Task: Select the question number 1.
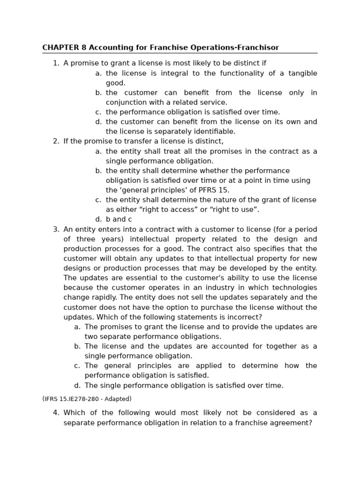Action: (x=56, y=63)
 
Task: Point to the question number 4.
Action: (x=56, y=413)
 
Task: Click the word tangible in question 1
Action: (x=300, y=73)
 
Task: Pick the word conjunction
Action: (x=127, y=102)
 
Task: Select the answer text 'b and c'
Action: (x=119, y=219)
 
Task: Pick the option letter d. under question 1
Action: (x=98, y=122)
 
